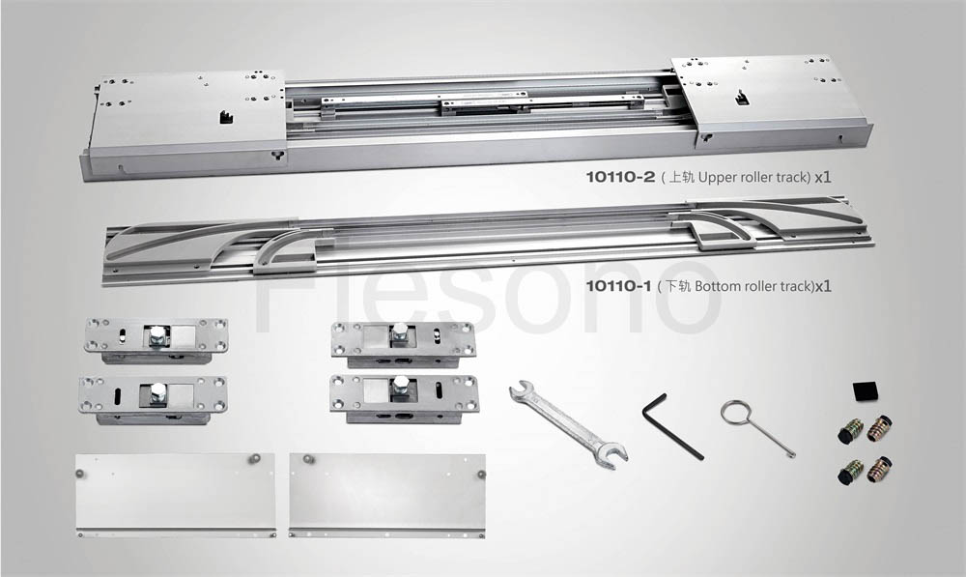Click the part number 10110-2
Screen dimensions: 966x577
pyautogui.click(x=620, y=178)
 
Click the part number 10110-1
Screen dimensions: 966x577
pyautogui.click(x=618, y=286)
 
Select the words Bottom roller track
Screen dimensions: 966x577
pyautogui.click(x=754, y=286)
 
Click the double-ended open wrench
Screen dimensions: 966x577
pyautogui.click(x=569, y=424)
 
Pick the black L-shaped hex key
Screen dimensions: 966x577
pyautogui.click(x=671, y=425)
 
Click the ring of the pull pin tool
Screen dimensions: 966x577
pyautogui.click(x=735, y=413)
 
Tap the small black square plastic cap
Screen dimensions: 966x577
pyautogui.click(x=865, y=391)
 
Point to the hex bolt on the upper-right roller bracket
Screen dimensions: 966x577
pyautogui.click(x=400, y=332)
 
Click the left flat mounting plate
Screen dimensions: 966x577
pyautogui.click(x=176, y=495)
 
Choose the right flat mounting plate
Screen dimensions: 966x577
pyautogui.click(x=387, y=495)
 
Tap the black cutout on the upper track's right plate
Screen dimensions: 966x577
pyautogui.click(x=742, y=98)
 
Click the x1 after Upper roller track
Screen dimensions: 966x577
pyautogui.click(x=822, y=178)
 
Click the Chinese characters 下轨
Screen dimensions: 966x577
pyautogui.click(x=678, y=286)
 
